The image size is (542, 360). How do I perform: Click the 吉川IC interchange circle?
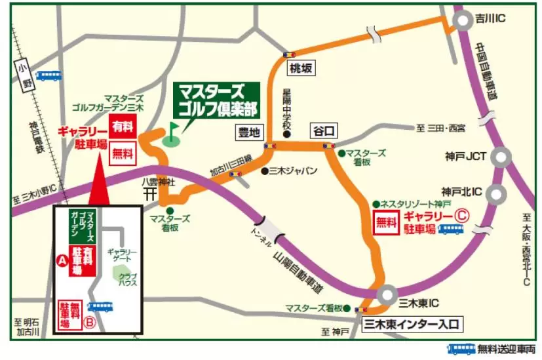coord(464,22)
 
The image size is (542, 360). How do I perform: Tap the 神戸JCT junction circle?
coord(501,157)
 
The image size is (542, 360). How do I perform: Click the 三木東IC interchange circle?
coord(386,294)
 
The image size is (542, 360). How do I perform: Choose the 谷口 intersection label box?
coord(324,130)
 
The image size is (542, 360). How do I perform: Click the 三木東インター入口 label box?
coord(412,324)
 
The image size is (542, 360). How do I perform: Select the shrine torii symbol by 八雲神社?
coord(149,194)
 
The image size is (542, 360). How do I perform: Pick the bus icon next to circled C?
coord(451,229)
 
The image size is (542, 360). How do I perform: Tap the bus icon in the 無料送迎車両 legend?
coord(461,349)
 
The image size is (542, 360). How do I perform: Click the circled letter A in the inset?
coord(64,260)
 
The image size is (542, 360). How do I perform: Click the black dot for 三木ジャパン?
coord(263,171)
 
